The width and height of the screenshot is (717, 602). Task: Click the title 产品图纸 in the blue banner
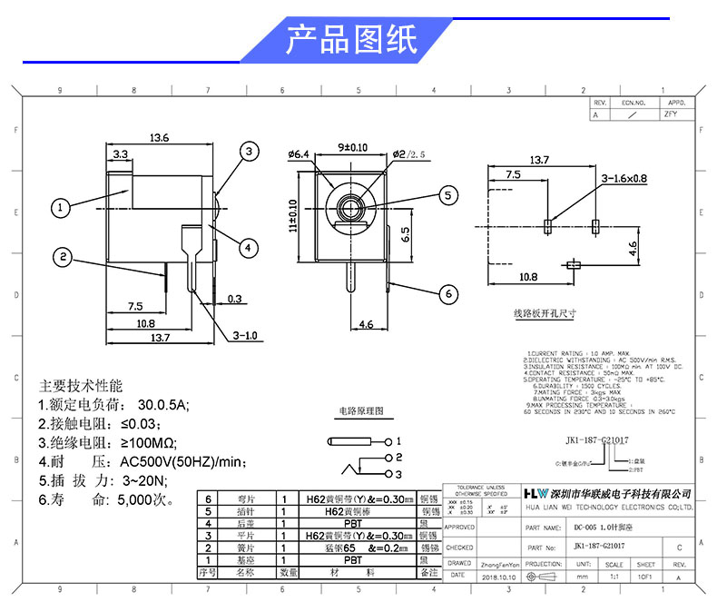click(351, 40)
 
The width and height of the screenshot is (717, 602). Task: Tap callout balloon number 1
click(60, 208)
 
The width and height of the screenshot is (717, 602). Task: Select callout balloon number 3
click(250, 153)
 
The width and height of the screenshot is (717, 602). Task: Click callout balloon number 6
click(447, 293)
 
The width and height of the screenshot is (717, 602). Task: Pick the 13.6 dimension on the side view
click(160, 138)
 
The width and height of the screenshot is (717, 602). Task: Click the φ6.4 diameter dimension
click(299, 155)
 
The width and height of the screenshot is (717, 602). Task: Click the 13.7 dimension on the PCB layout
click(540, 160)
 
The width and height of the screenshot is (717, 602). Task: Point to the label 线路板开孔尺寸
click(545, 314)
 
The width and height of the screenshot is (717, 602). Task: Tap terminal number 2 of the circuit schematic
click(397, 458)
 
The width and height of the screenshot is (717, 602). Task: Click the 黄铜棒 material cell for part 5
click(349, 511)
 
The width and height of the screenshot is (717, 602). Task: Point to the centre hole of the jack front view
click(349, 207)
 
